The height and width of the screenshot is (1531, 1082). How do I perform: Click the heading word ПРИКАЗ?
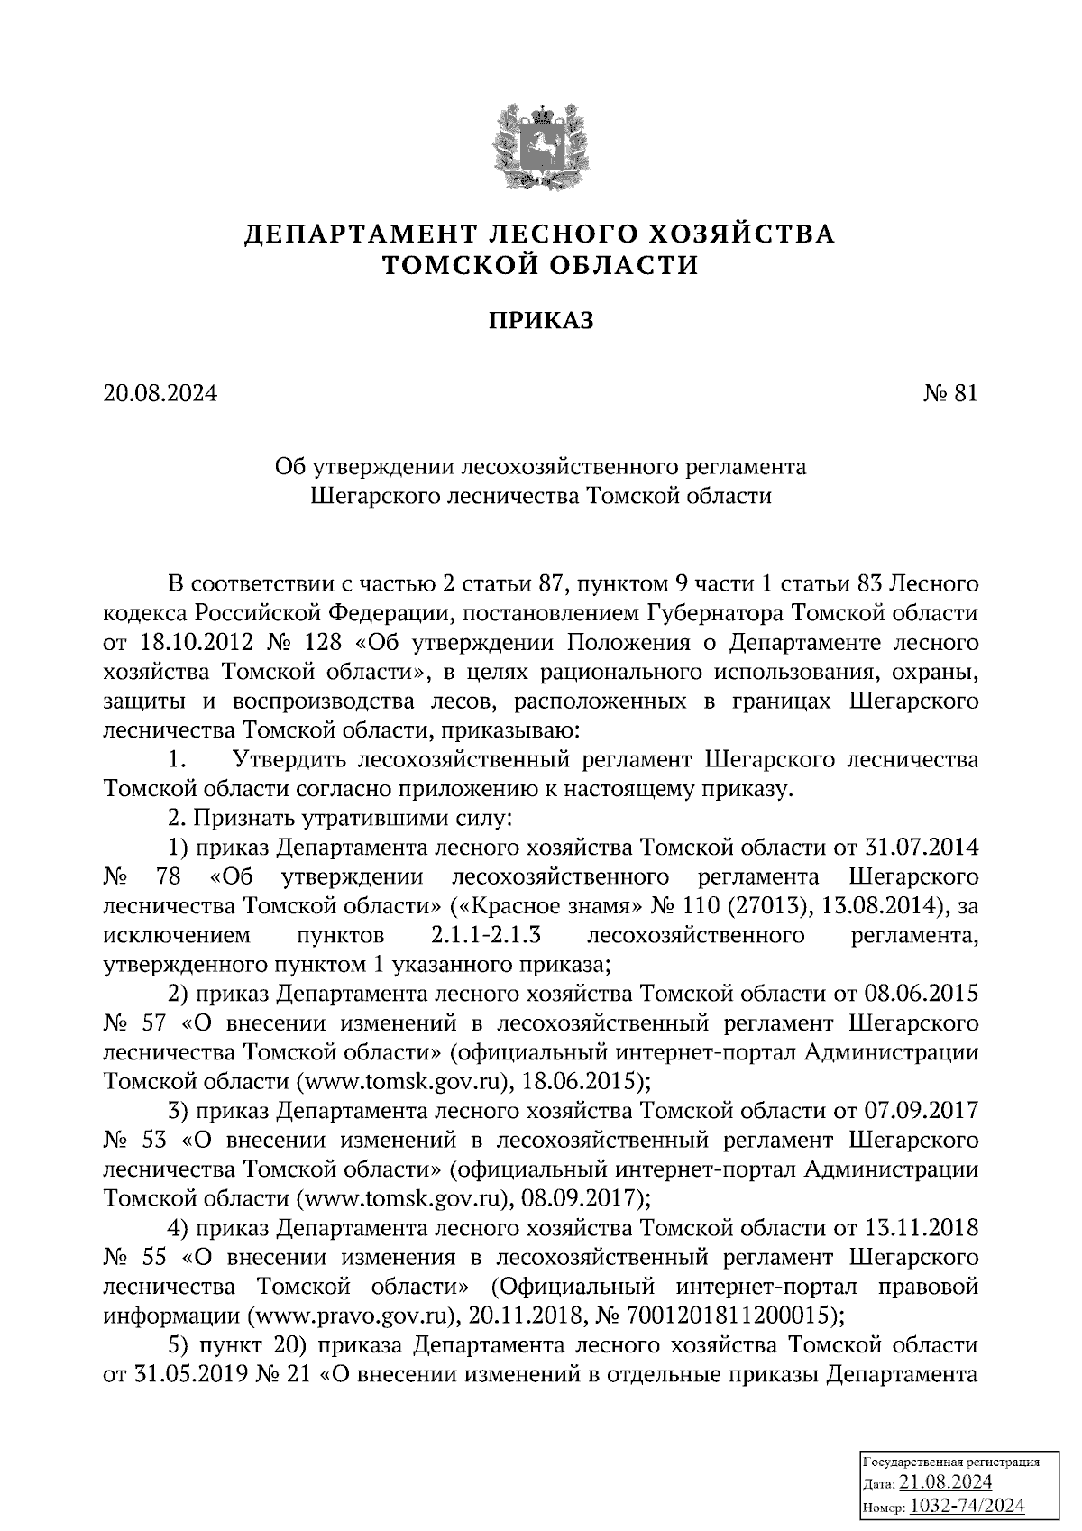(541, 320)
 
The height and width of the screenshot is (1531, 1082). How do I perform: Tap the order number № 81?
(950, 394)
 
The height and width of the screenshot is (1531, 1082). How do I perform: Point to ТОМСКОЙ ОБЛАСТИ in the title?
(541, 265)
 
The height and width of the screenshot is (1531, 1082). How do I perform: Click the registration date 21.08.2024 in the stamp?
(946, 1482)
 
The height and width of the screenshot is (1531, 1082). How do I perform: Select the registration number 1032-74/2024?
(967, 1506)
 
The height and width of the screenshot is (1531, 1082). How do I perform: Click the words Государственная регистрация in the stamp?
(952, 1462)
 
